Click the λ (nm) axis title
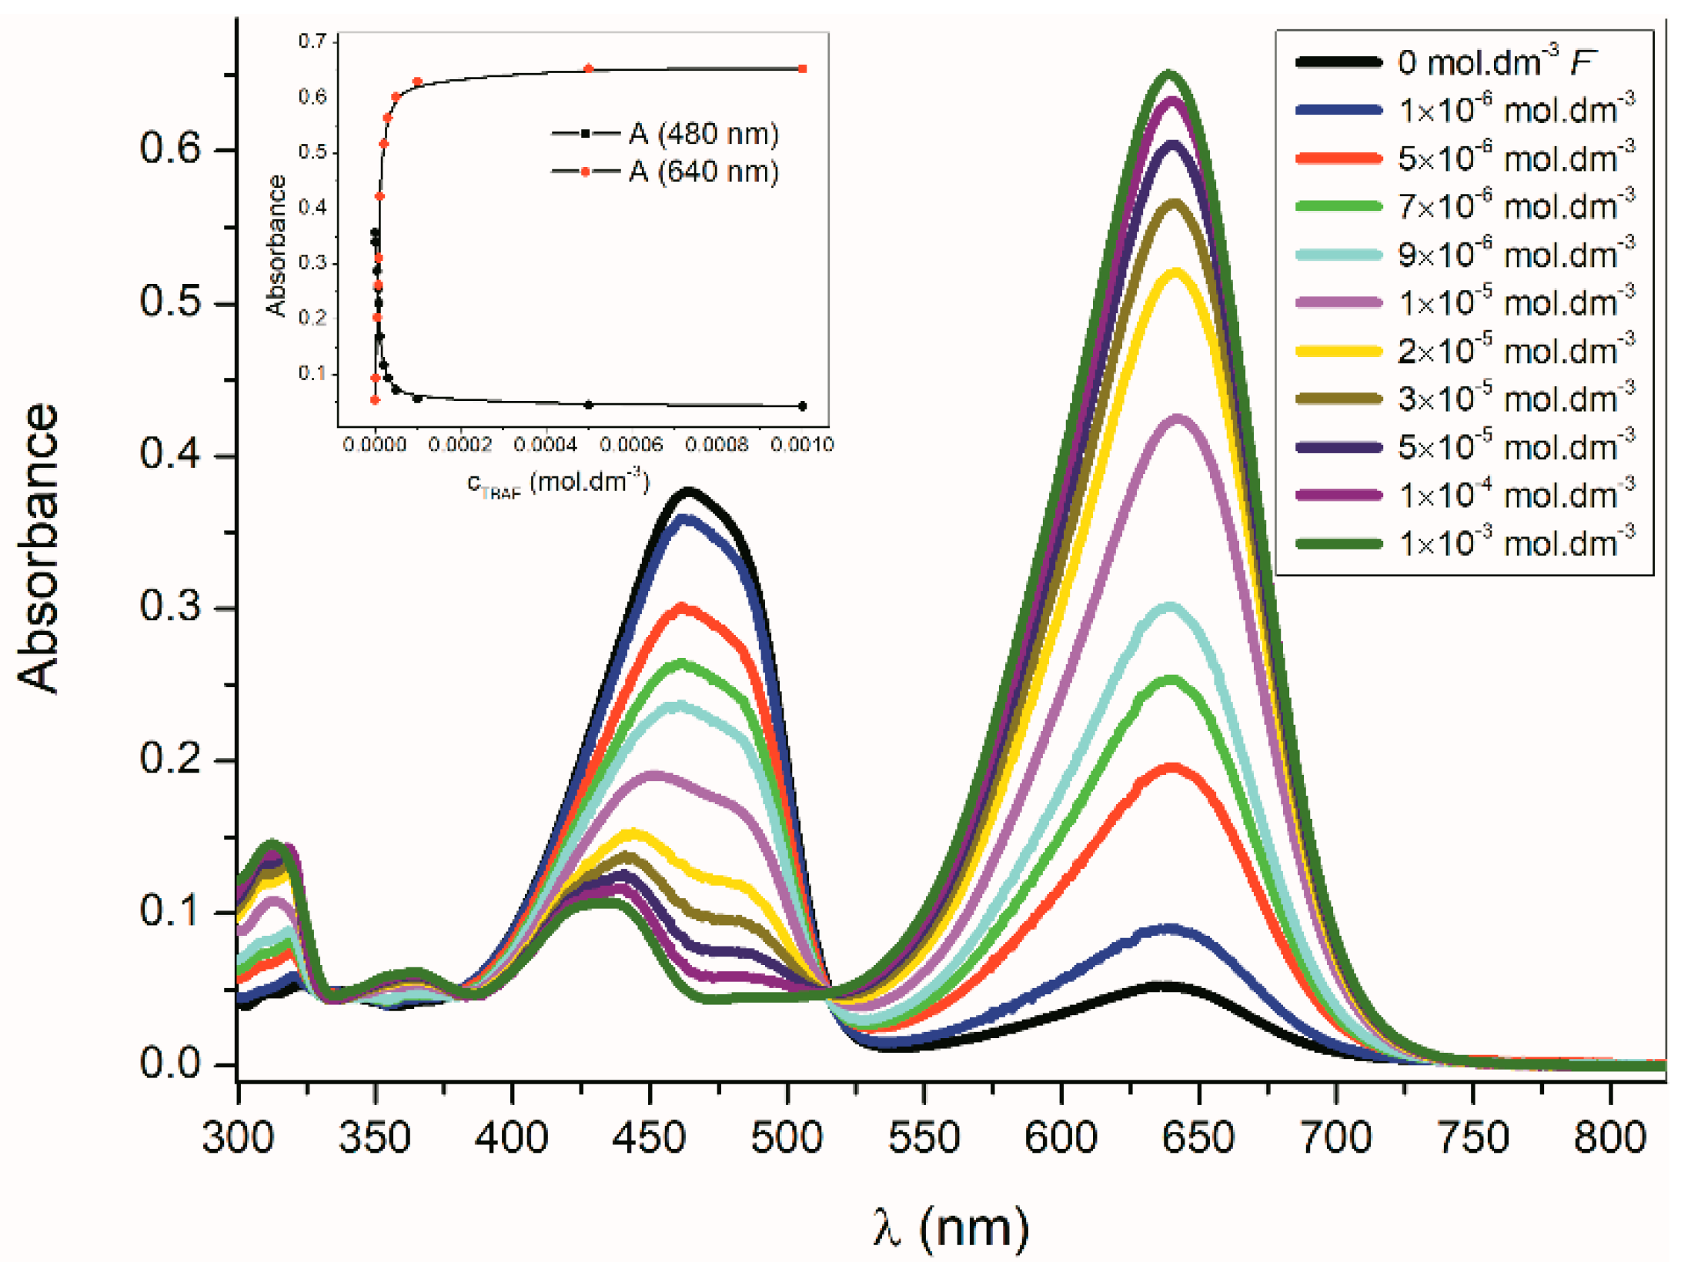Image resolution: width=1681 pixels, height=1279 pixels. [951, 1228]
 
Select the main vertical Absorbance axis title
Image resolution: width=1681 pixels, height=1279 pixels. [38, 548]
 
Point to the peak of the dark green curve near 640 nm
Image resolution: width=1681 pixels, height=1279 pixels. [1169, 74]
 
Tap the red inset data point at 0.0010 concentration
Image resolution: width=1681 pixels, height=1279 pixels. [802, 69]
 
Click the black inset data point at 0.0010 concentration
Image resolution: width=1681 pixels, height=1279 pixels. [802, 406]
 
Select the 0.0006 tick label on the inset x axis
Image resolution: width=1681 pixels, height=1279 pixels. [630, 445]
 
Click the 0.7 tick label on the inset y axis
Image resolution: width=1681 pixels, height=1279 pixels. [312, 41]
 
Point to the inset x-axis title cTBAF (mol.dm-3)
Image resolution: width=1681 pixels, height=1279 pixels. [559, 483]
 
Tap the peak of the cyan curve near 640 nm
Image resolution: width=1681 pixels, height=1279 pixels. [1170, 607]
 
